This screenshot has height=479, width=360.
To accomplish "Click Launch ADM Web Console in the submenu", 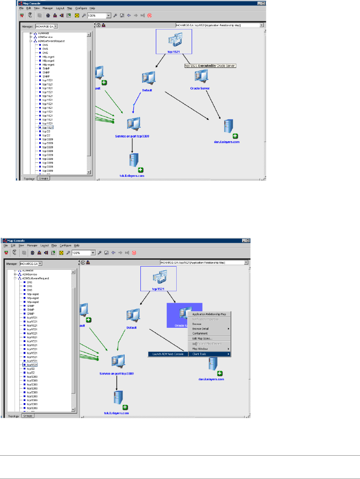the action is [x=166, y=354].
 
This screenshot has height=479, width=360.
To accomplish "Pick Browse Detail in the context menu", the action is [x=202, y=329].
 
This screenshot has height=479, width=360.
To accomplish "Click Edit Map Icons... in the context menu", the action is [x=202, y=339].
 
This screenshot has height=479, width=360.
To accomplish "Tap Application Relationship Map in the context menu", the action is [x=209, y=314].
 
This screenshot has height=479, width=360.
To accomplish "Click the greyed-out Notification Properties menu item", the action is [x=205, y=319].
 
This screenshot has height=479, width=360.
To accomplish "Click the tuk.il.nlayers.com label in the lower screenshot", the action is [x=116, y=413].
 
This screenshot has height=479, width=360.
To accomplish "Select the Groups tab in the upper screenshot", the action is [x=43, y=178].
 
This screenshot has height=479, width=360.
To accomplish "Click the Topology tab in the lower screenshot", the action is [x=13, y=416].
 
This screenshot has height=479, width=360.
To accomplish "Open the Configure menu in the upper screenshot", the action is [x=81, y=8].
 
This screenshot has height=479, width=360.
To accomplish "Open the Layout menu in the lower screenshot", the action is [x=45, y=245].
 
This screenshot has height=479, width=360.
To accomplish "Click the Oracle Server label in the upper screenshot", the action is [x=200, y=88].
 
